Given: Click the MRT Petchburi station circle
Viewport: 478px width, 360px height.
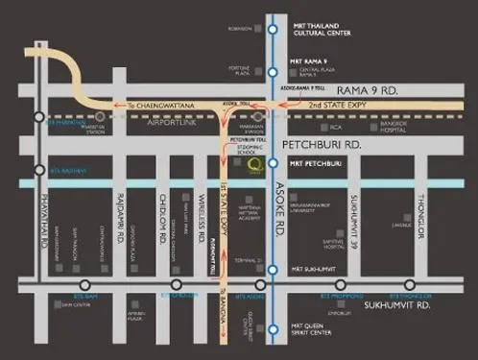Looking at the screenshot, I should pos(273,163).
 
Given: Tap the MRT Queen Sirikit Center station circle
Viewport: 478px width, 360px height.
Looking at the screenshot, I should pos(273,328).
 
